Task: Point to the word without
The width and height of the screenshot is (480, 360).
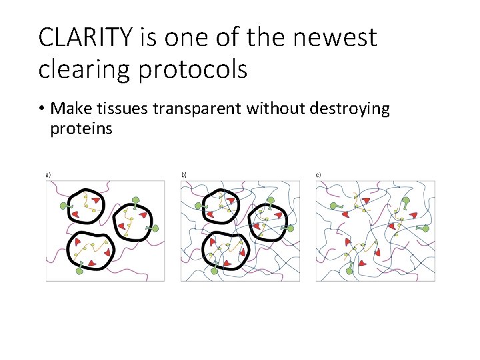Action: (x=271, y=109)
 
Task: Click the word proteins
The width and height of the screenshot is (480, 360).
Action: (x=81, y=128)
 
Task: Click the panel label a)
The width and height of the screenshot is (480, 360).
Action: (x=48, y=175)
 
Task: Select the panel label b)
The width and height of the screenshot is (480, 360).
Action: (x=184, y=175)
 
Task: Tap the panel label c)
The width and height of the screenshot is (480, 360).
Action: (x=319, y=175)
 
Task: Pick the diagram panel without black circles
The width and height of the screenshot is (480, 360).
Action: (x=375, y=231)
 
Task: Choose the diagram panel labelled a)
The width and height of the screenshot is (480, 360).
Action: (x=105, y=231)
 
